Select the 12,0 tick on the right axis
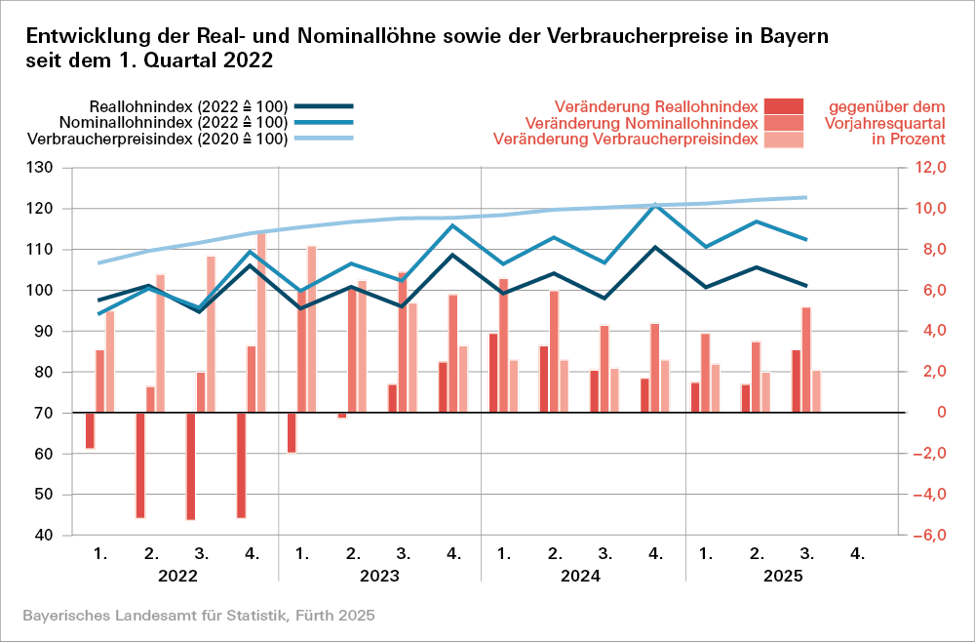click(x=929, y=168)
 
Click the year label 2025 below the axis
click(x=782, y=576)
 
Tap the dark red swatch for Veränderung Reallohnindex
click(x=783, y=105)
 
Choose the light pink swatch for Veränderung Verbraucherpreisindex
click(x=783, y=140)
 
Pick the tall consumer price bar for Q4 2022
click(x=261, y=322)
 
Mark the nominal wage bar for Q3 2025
click(x=806, y=360)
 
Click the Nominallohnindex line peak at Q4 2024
click(x=655, y=204)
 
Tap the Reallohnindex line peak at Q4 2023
click(x=453, y=255)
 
